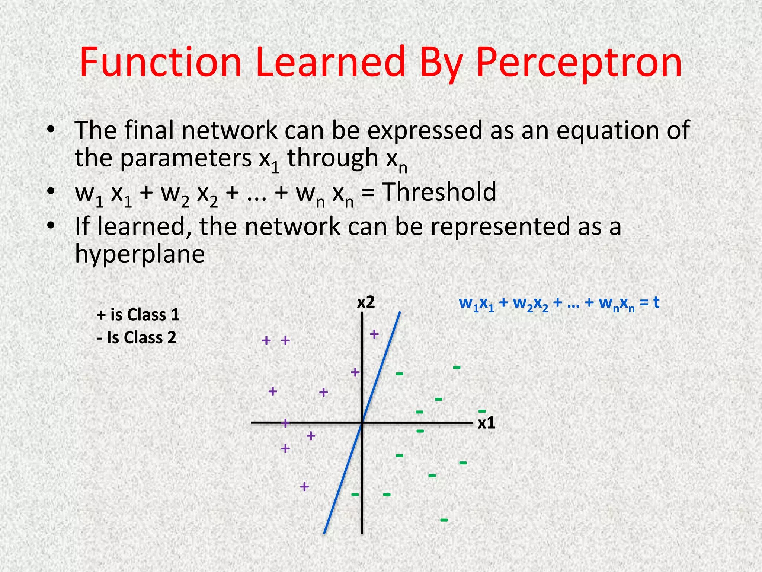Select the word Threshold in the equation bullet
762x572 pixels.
point(439,192)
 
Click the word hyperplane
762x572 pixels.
point(140,254)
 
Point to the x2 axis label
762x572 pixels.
point(366,302)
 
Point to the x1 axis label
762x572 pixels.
point(486,423)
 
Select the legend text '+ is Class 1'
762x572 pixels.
point(138,315)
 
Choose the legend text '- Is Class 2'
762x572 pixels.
point(136,338)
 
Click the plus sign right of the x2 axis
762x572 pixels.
point(374,334)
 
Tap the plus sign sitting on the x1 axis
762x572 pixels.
point(285,423)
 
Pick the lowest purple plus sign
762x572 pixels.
point(304,486)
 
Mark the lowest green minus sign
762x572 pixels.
point(444,520)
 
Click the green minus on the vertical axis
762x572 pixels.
point(355,495)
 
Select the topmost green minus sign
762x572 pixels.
point(457,368)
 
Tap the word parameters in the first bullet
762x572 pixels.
point(186,158)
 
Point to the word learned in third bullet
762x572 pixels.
point(142,226)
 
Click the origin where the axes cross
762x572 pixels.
point(362,423)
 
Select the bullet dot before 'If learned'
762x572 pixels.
point(51,226)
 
